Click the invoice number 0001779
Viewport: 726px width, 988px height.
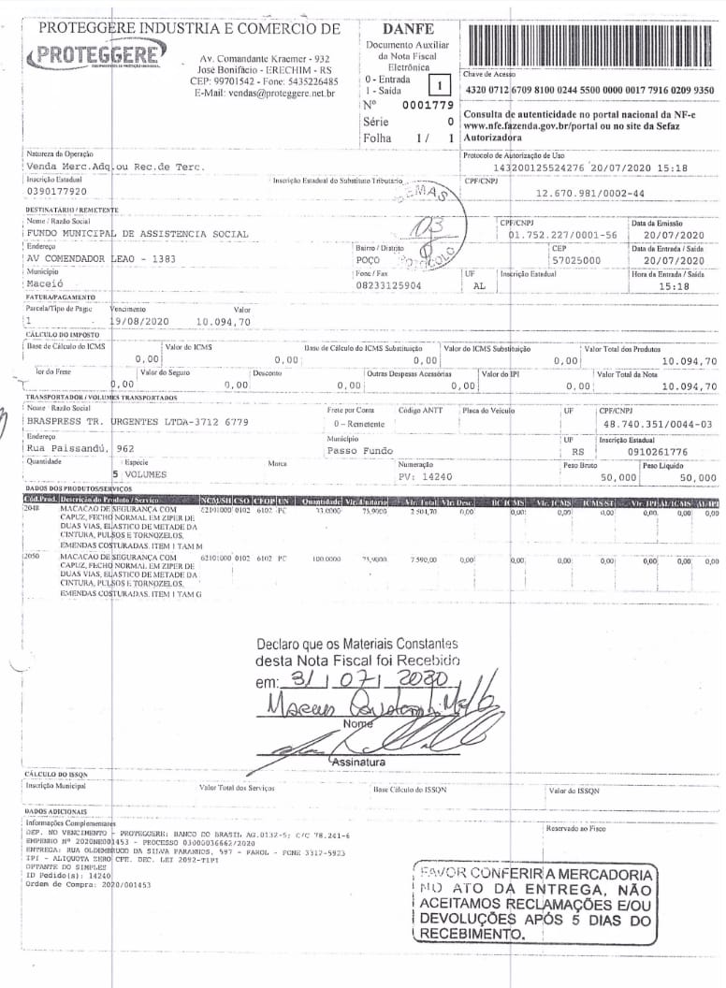[427, 105]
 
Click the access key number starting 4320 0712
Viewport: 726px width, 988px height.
[589, 90]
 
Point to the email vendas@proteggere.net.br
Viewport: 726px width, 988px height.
[265, 94]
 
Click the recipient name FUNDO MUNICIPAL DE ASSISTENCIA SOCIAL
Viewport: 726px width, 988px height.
[138, 234]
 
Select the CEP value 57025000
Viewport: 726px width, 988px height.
[577, 260]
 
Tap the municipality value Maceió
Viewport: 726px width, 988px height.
[46, 285]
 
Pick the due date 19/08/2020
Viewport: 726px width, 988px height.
[140, 321]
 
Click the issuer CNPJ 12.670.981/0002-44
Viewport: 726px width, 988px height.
[591, 193]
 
